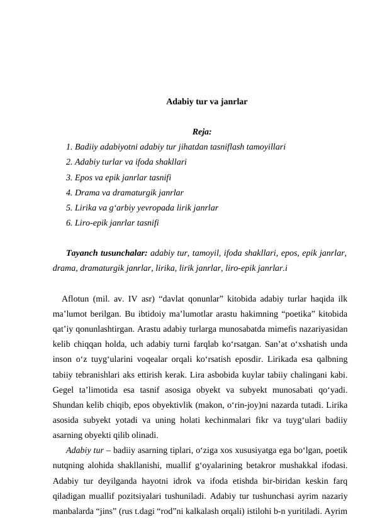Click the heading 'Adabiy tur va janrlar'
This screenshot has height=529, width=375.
[x=206, y=101]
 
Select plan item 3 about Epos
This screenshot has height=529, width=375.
[x=118, y=177]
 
